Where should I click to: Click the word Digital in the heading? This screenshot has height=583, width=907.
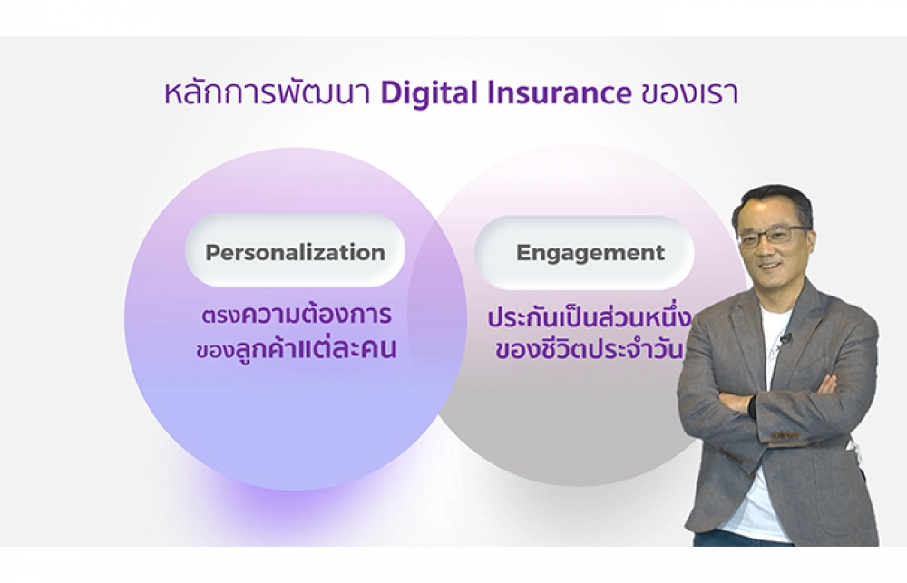tap(430, 93)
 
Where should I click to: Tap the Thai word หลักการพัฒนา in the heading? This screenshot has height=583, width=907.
tap(268, 93)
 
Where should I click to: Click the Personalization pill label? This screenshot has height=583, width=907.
tap(295, 253)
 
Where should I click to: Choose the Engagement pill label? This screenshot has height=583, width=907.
tap(590, 253)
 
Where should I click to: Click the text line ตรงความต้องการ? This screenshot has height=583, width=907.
tap(297, 315)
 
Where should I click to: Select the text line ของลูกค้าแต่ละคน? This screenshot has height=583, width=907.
tap(297, 349)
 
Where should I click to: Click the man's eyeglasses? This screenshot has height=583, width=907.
tap(774, 236)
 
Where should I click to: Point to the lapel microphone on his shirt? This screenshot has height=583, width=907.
tap(785, 339)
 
